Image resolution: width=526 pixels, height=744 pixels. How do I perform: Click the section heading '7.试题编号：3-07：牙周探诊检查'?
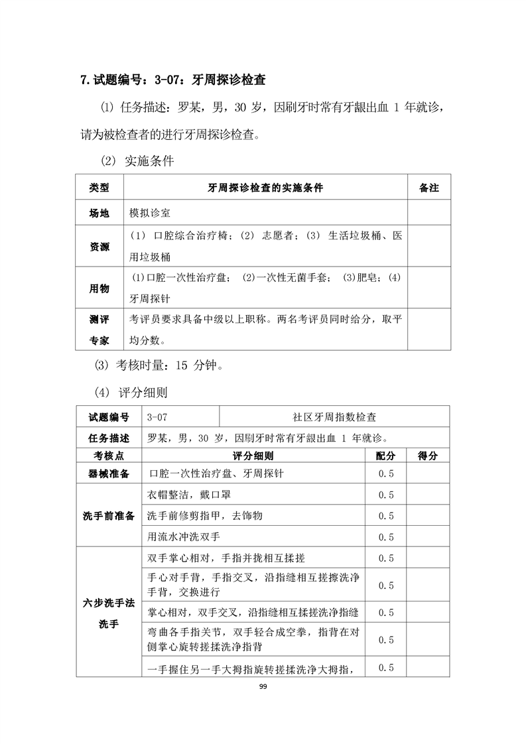tap(172, 81)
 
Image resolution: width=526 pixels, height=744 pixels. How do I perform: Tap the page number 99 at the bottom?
tap(263, 686)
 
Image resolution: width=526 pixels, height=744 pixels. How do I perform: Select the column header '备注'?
tap(429, 188)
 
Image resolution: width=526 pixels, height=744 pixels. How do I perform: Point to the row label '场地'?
tap(99, 213)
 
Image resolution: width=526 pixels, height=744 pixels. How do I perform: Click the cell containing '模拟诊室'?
tap(150, 213)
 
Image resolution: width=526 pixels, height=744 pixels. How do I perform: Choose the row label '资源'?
tap(99, 247)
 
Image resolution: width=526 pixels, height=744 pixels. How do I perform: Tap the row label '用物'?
tap(99, 288)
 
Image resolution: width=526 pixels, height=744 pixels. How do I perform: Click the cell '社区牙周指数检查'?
tap(334, 418)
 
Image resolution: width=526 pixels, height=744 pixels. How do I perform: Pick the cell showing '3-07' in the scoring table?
tap(158, 418)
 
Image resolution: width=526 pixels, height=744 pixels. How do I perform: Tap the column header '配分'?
tap(385, 456)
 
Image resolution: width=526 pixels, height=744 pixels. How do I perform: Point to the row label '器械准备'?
tap(109, 473)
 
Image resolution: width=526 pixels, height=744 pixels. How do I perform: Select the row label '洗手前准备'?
tap(109, 515)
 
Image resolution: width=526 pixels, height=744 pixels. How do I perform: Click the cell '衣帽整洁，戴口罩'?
tap(188, 495)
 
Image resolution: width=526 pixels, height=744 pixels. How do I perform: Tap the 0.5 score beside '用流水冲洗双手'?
tap(385, 536)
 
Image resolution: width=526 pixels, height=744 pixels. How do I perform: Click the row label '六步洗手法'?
tap(109, 602)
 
